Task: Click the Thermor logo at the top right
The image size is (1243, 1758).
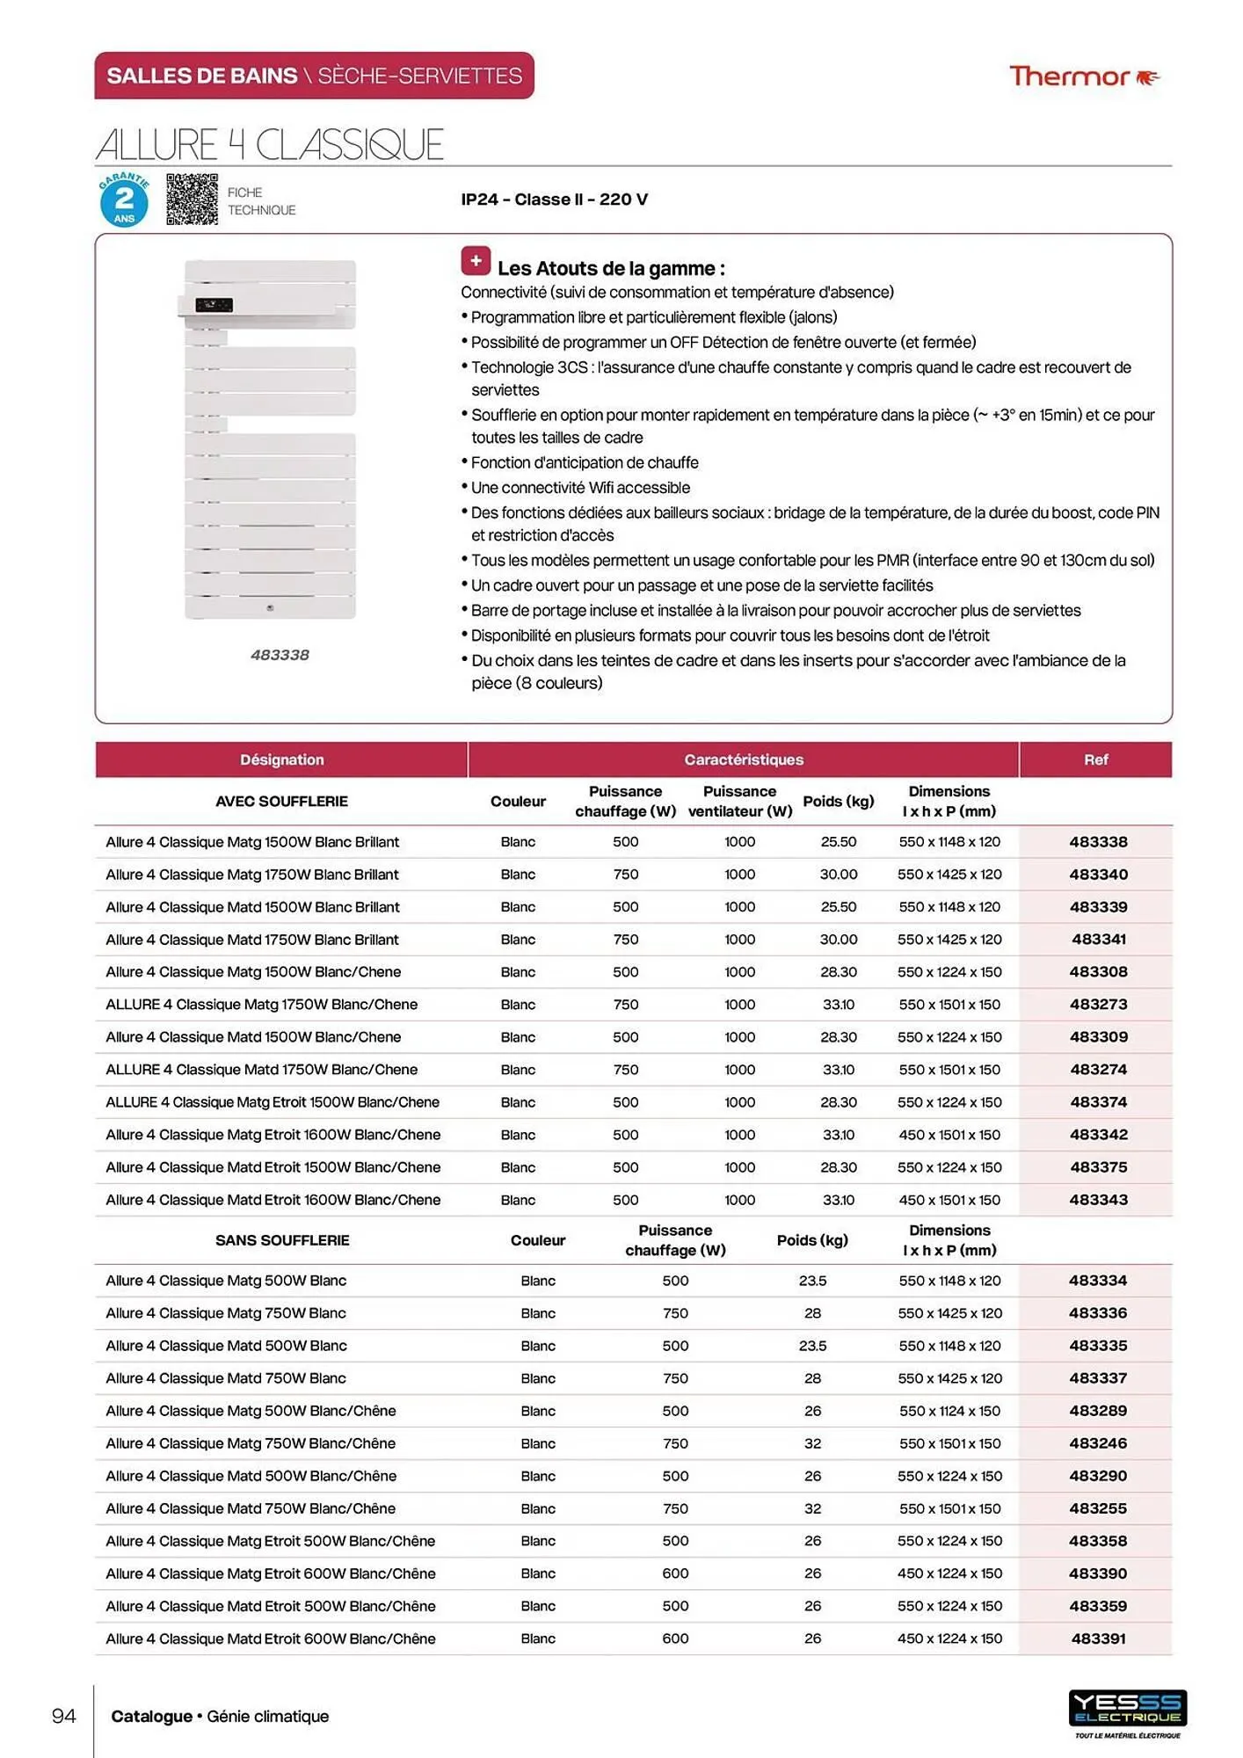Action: click(1083, 77)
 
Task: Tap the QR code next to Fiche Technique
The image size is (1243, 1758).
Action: click(192, 200)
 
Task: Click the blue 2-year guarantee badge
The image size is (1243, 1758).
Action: click(124, 200)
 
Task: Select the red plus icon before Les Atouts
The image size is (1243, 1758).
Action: click(476, 261)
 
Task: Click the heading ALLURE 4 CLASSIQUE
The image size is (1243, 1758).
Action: click(269, 145)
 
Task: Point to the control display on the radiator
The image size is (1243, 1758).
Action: click(214, 305)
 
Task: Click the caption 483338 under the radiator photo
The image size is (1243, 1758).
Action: click(280, 655)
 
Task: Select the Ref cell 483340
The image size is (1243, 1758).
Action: click(1098, 875)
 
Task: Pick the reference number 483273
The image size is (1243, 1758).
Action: click(1098, 1005)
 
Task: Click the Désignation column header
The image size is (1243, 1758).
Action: click(281, 759)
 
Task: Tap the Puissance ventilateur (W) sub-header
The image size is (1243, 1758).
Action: click(739, 802)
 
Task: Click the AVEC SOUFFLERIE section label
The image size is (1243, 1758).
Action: click(281, 802)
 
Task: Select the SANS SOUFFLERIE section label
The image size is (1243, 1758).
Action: click(281, 1240)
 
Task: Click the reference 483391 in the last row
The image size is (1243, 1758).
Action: click(1098, 1638)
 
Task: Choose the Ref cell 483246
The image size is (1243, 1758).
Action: click(1098, 1443)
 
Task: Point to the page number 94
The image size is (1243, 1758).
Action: click(63, 1716)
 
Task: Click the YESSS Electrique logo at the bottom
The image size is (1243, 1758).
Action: click(1127, 1710)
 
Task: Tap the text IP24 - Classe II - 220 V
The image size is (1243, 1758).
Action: click(554, 200)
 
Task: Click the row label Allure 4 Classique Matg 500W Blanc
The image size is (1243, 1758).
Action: click(226, 1281)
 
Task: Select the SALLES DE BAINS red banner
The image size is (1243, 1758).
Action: click(314, 76)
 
